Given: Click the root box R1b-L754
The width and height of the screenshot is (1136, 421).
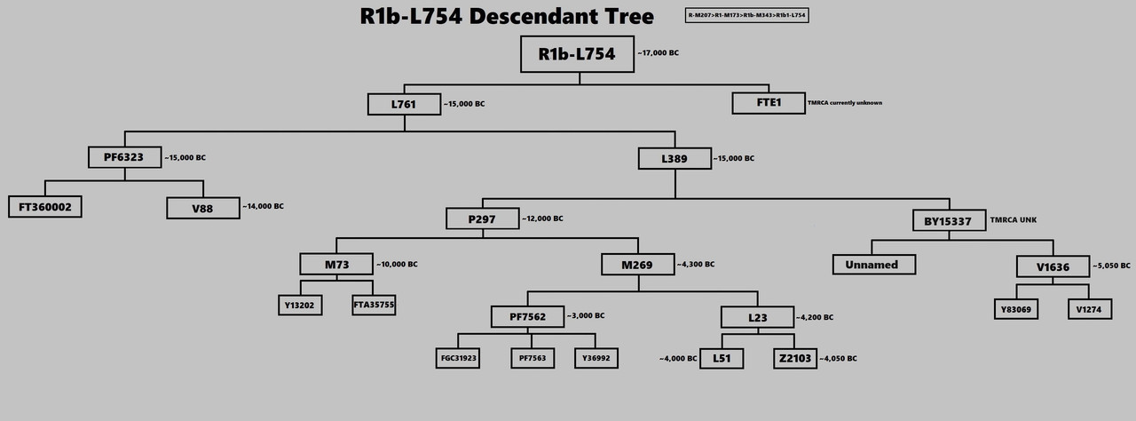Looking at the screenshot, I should tap(577, 54).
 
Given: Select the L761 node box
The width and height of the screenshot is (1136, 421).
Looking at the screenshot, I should tap(404, 105).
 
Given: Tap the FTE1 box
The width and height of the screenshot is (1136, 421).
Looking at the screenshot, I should tap(768, 104).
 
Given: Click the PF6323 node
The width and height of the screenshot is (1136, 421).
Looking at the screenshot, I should tap(124, 158).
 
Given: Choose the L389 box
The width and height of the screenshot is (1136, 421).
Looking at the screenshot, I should tap(674, 159).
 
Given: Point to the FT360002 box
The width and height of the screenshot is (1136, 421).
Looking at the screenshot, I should tap(45, 208).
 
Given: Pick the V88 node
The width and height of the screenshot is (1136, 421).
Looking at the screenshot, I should tap(202, 209).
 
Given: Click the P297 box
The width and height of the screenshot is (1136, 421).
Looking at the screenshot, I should tap(483, 219).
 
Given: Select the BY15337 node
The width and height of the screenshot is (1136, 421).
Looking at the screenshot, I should tap(949, 220).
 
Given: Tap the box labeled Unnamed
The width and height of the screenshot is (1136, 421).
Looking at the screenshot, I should tap(873, 265).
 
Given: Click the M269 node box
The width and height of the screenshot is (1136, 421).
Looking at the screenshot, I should tap(636, 265).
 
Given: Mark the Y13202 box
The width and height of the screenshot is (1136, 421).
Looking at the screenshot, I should tap(301, 306).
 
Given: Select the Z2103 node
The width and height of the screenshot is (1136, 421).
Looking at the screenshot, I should tap(793, 359).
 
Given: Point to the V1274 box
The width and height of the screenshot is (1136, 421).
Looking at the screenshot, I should tap(1089, 308).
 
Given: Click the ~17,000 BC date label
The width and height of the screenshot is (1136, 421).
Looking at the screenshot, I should tap(658, 53).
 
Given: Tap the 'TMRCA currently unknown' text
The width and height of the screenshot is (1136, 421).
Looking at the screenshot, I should tap(844, 103).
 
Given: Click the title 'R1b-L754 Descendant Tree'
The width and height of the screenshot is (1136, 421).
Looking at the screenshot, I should tap(507, 16).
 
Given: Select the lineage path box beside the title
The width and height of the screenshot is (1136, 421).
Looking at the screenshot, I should tap(746, 16).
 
